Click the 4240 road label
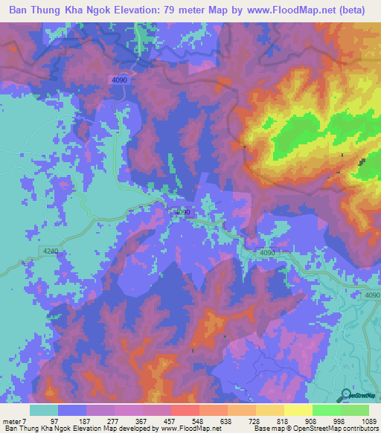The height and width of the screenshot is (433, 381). [50, 251]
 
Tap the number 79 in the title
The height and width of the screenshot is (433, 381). [192, 10]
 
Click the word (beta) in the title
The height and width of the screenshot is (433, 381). [358, 10]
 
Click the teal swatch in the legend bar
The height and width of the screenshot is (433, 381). [44, 411]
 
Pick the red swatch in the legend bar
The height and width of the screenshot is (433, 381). [185, 411]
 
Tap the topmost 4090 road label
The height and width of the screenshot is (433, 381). [121, 80]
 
